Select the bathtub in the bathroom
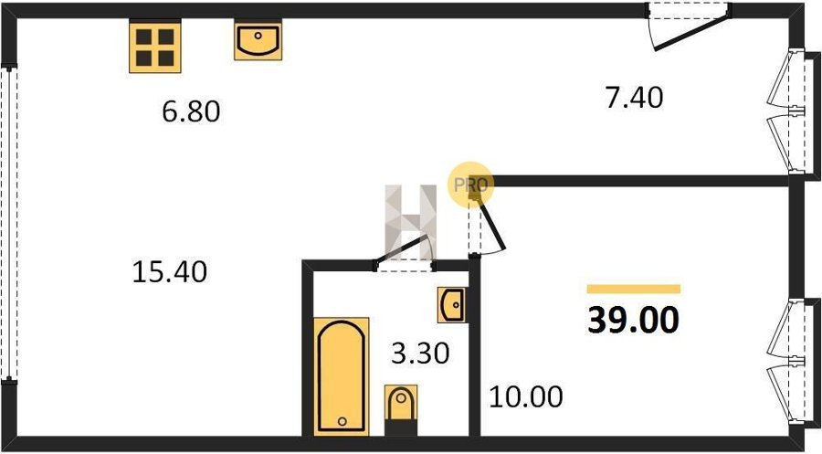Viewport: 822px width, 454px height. tap(342, 375)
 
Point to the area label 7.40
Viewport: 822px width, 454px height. tap(633, 96)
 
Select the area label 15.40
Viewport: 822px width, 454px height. tap(170, 271)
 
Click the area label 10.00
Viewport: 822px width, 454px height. tap(525, 397)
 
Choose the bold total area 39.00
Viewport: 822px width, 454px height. tap(633, 321)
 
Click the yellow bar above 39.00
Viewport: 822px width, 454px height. tap(633, 289)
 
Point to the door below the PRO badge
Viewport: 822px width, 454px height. tap(488, 228)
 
